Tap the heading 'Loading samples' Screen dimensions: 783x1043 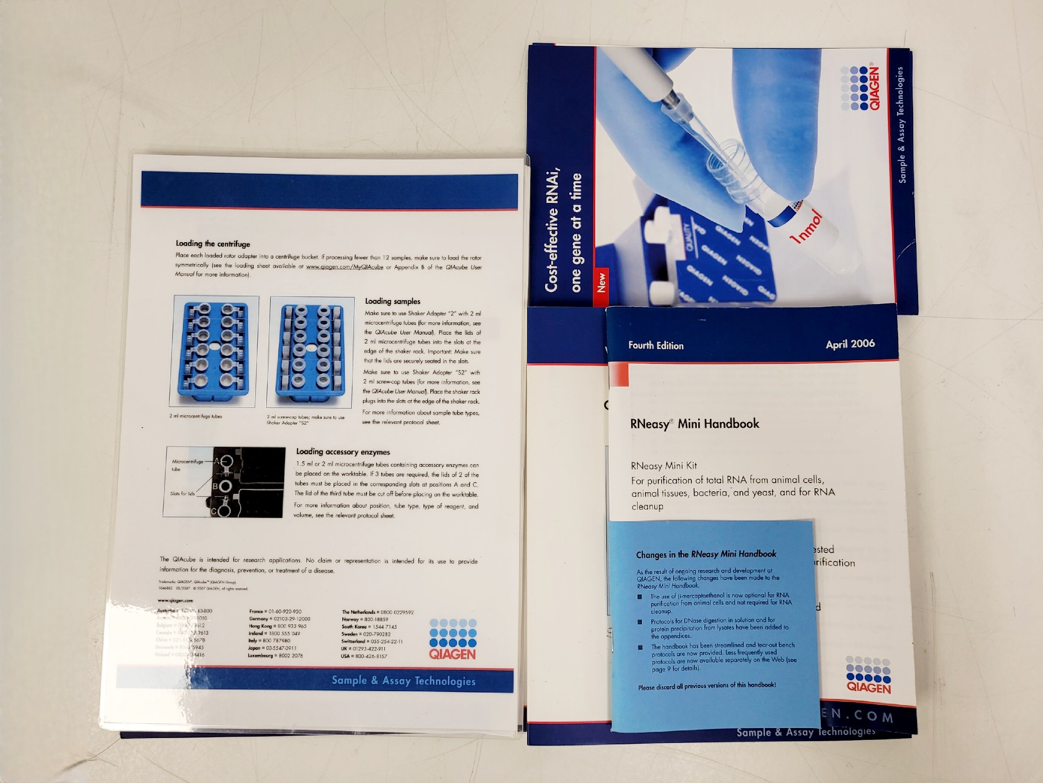pyautogui.click(x=392, y=301)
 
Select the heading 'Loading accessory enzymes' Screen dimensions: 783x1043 pyautogui.click(x=343, y=451)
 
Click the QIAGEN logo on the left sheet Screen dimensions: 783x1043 pyautogui.click(x=453, y=639)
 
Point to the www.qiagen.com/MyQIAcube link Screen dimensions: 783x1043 pyautogui.click(x=345, y=266)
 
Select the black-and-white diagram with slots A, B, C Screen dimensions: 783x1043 pyautogui.click(x=224, y=482)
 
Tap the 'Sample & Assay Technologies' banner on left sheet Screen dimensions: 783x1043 pyautogui.click(x=403, y=681)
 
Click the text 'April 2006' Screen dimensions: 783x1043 pyautogui.click(x=850, y=344)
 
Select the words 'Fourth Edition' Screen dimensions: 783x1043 pyautogui.click(x=655, y=346)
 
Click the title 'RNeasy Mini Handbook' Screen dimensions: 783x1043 pyautogui.click(x=694, y=424)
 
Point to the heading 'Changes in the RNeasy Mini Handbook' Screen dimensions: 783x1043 pyautogui.click(x=706, y=554)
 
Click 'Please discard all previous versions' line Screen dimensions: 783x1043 pyautogui.click(x=707, y=686)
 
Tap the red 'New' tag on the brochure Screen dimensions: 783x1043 pyautogui.click(x=601, y=283)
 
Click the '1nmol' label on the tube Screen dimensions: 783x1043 pyautogui.click(x=806, y=227)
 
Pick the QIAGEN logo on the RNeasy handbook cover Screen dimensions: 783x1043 pyautogui.click(x=868, y=675)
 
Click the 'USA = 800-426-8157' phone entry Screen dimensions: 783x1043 pyautogui.click(x=363, y=656)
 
